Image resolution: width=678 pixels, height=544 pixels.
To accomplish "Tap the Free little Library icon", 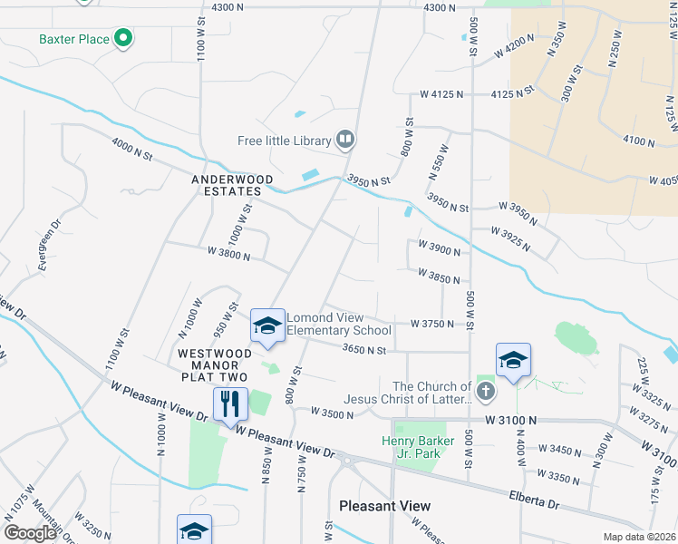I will pyautogui.click(x=344, y=140).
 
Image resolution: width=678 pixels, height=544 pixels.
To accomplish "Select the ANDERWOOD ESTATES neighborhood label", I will pyautogui.click(x=226, y=185).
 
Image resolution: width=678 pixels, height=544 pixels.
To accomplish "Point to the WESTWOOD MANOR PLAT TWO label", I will pyautogui.click(x=213, y=364).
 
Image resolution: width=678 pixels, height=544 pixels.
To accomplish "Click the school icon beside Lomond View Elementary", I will pyautogui.click(x=267, y=325).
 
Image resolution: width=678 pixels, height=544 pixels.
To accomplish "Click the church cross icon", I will pyautogui.click(x=486, y=392).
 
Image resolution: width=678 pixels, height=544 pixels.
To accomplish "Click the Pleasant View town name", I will pyautogui.click(x=384, y=505).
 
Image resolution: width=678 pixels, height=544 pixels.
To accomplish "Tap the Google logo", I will pyautogui.click(x=29, y=533).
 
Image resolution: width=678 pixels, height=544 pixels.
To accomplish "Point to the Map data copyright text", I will pyautogui.click(x=640, y=537).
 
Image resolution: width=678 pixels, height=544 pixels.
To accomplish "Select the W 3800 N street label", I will pyautogui.click(x=228, y=255).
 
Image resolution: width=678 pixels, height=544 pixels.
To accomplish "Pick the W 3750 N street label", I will pyautogui.click(x=431, y=323).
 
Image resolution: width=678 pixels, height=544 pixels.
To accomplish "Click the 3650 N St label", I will pyautogui.click(x=364, y=349).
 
